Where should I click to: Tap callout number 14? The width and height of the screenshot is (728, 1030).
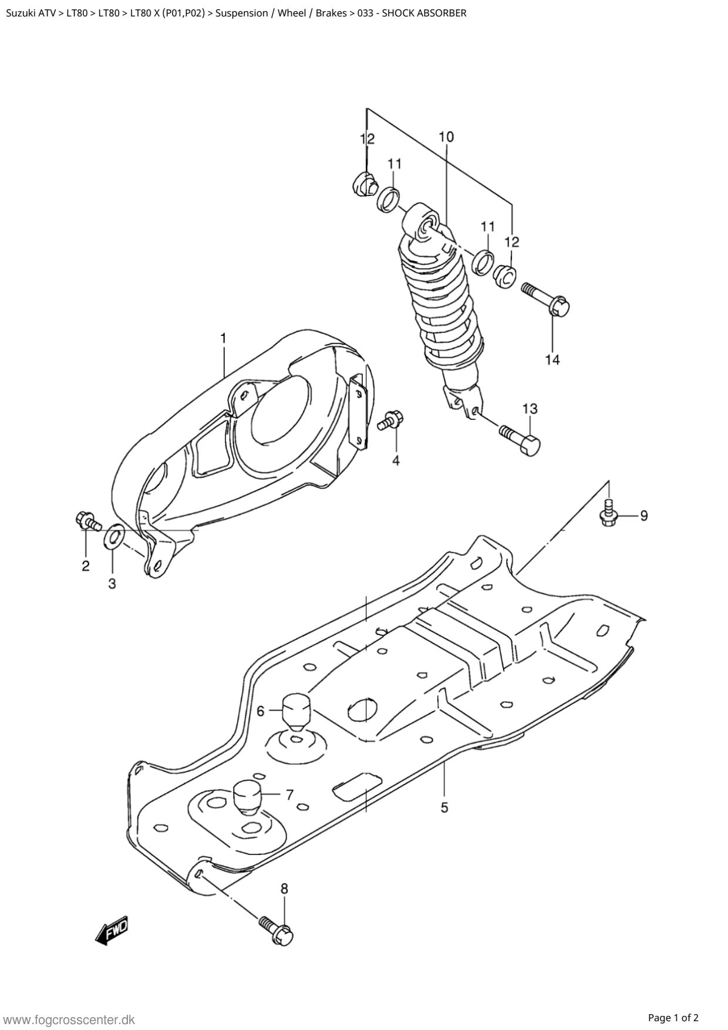point(552,359)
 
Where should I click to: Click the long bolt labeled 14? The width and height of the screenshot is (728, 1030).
point(546,298)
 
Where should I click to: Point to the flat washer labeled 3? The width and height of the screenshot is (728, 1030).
point(114,537)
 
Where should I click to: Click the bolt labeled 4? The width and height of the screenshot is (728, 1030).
point(391,419)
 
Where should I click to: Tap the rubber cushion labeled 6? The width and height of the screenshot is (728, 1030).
point(296,713)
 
